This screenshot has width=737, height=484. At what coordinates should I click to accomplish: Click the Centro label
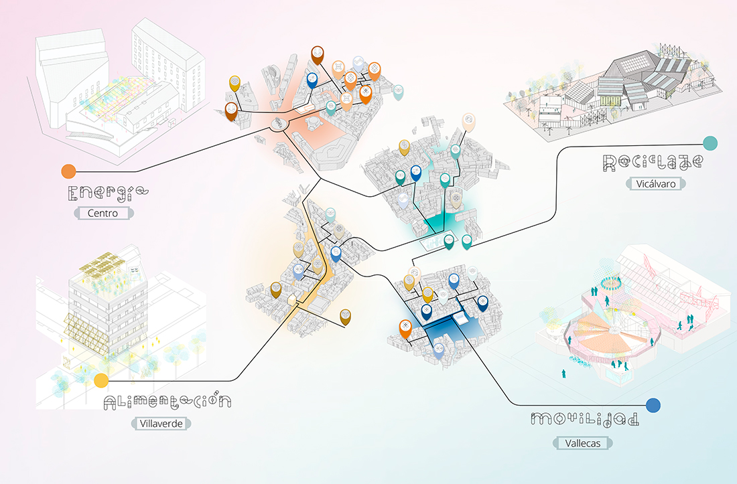pos(103,213)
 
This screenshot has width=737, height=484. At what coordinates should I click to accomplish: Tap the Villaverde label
pos(161,424)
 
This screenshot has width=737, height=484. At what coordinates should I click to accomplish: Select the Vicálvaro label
pos(656,183)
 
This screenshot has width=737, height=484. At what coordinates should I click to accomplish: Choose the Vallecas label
pos(583,443)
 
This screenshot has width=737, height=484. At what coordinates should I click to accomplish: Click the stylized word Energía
pos(108,193)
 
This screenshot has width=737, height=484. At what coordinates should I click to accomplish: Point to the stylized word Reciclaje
pos(653,163)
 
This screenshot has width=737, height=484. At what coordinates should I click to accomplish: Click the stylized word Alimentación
pos(167,402)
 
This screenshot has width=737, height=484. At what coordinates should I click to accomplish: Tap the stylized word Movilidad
pos(585,419)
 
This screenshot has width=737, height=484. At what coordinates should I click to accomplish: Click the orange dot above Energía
pos(68,171)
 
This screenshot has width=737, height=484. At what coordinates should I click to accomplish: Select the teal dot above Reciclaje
pos(710,143)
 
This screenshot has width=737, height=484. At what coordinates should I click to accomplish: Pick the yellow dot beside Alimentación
pos(101,380)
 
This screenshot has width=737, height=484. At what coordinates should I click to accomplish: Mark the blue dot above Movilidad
pos(653,405)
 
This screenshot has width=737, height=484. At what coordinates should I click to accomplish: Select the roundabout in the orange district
pos(278,125)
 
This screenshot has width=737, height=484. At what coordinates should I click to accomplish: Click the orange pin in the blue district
pos(405,328)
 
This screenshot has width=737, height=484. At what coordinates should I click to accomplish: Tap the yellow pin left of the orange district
pos(234,83)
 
